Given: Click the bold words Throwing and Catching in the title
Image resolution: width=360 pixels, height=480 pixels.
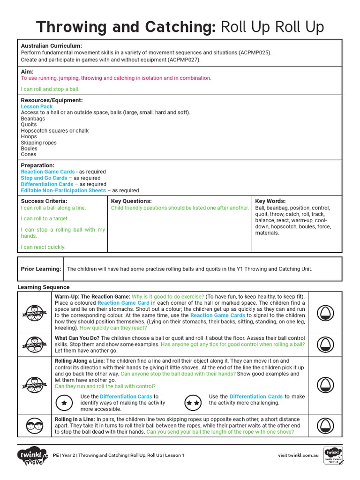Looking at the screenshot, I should (126, 27).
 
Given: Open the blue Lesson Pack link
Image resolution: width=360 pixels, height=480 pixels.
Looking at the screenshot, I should (37, 107).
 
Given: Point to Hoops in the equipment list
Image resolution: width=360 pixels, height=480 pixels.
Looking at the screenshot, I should (29, 136).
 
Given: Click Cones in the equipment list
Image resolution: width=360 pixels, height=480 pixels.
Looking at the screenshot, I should (28, 154).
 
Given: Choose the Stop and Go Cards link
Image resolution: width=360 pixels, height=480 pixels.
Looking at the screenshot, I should (44, 178).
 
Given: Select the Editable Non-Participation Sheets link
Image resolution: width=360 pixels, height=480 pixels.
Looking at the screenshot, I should (63, 191).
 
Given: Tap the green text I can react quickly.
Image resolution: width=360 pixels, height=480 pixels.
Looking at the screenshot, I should (43, 247).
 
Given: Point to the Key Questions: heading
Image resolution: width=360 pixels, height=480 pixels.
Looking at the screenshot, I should (131, 201).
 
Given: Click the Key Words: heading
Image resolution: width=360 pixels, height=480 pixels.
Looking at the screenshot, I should (270, 201).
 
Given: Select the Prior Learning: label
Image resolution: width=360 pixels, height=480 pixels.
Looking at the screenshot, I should (41, 269).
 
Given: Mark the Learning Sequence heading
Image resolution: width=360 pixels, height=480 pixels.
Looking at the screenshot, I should (43, 287).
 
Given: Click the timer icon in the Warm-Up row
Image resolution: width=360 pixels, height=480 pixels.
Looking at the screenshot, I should (325, 312).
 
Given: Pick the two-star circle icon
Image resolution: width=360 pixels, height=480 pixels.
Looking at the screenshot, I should (193, 403).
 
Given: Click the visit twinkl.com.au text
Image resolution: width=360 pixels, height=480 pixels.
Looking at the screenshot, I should (298, 455).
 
